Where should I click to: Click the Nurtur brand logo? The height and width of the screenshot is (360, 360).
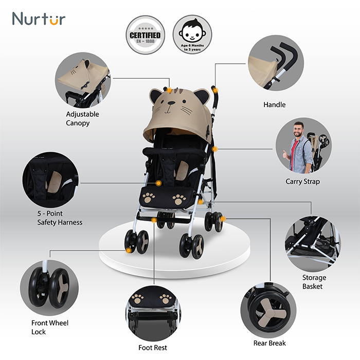pos(39,19)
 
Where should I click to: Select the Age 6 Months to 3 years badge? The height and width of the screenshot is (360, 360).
pos(192,34)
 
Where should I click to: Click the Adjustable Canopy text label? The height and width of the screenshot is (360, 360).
pos(82,118)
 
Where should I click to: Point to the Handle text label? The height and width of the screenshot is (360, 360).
pos(274,105)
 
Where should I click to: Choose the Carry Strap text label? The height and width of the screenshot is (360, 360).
pos(302,182)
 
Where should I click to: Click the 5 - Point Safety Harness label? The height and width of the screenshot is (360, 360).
pos(59,218)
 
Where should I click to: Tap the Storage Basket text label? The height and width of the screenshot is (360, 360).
pos(314,282)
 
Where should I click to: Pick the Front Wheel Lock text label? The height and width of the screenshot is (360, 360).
pos(50,327)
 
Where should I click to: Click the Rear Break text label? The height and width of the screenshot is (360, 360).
pos(269,343)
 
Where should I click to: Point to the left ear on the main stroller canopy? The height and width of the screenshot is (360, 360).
pos(156,95)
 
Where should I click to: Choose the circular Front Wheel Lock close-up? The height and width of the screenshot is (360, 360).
pos(49,287)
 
